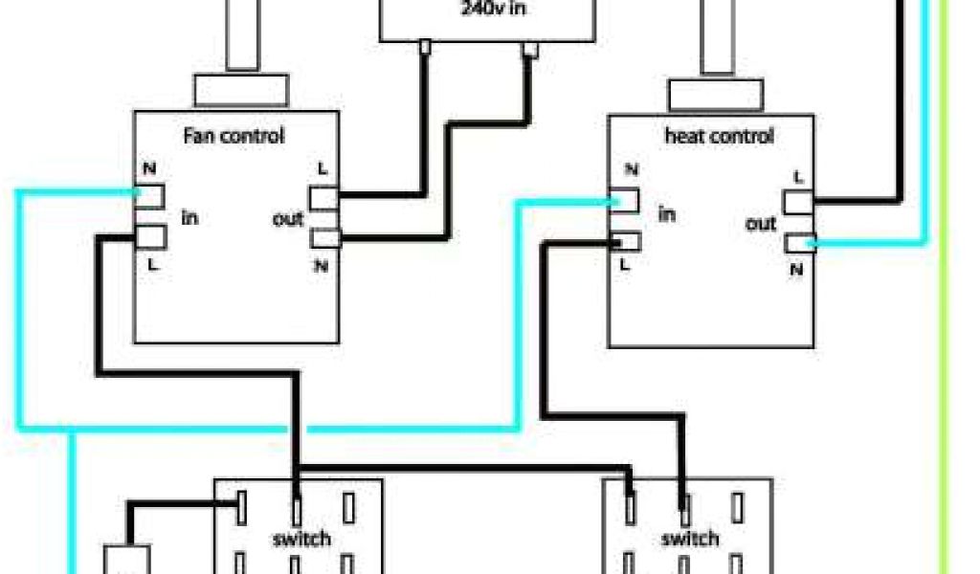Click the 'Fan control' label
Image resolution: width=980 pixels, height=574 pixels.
point(234,136)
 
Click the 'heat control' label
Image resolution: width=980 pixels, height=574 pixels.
point(718,136)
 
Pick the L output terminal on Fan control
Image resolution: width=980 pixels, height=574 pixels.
point(323,197)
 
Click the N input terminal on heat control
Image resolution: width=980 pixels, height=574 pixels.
point(624,200)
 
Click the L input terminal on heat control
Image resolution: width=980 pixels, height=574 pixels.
point(624,242)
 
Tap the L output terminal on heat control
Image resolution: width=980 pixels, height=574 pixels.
point(798,202)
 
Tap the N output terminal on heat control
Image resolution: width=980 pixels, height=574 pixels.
point(798,244)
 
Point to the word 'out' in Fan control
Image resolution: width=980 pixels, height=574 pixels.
point(288,219)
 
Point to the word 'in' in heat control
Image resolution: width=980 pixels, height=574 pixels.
point(666,213)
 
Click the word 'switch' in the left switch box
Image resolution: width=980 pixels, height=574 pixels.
point(301,539)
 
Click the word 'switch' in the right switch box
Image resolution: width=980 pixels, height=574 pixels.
point(690,539)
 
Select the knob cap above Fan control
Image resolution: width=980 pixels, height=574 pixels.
point(241,91)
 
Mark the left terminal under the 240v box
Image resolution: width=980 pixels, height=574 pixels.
point(424,46)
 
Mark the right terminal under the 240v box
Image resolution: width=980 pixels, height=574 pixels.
point(527,50)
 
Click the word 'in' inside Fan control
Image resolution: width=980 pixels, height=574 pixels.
point(189,218)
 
